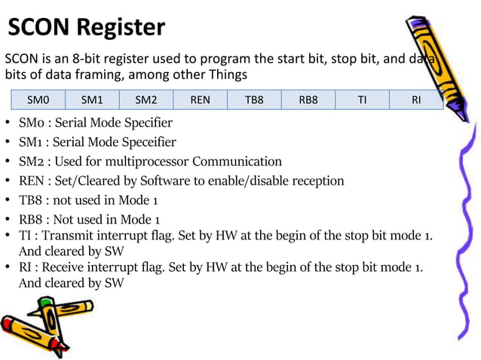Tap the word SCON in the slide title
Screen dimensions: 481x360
(x=38, y=28)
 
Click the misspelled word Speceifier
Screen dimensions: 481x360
(x=149, y=142)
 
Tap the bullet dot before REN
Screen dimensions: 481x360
(x=8, y=182)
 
